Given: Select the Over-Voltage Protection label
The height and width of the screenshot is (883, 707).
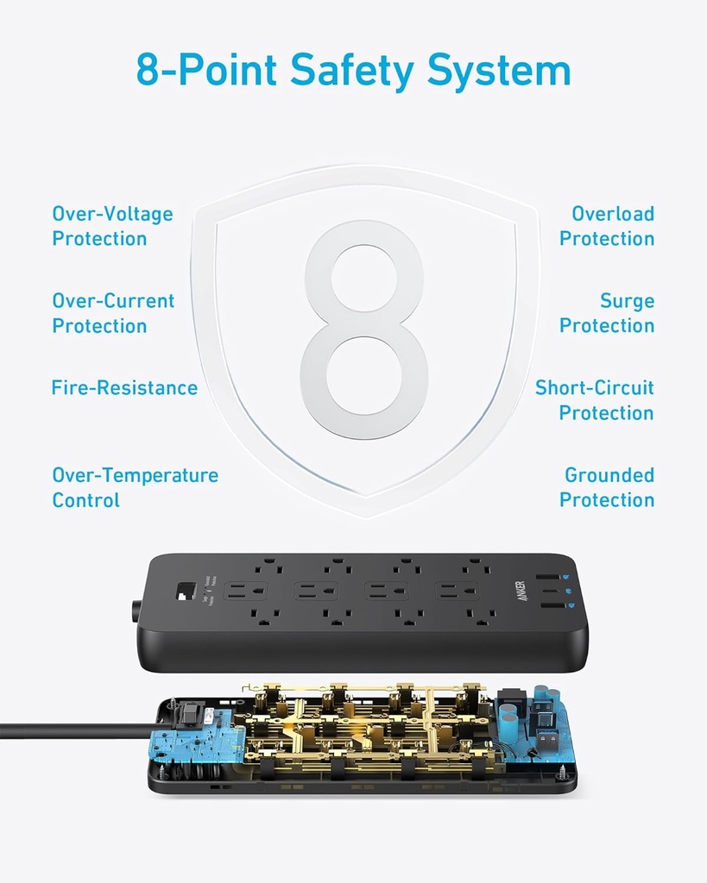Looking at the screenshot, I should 112,226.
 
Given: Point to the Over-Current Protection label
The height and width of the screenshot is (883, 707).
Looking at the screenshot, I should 113,313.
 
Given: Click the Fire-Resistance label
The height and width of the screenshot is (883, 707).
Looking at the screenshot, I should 124,388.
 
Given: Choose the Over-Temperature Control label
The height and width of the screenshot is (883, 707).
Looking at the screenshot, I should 135,487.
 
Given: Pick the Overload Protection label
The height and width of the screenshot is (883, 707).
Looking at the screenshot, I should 607,226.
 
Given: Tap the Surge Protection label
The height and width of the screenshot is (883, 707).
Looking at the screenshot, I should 607,313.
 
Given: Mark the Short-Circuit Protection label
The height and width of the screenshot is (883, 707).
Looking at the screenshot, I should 595,400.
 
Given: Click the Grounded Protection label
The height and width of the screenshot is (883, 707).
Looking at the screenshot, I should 607,487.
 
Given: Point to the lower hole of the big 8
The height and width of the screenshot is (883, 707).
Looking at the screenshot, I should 364,376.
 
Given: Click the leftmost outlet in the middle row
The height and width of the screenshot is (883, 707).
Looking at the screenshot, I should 246,592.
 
